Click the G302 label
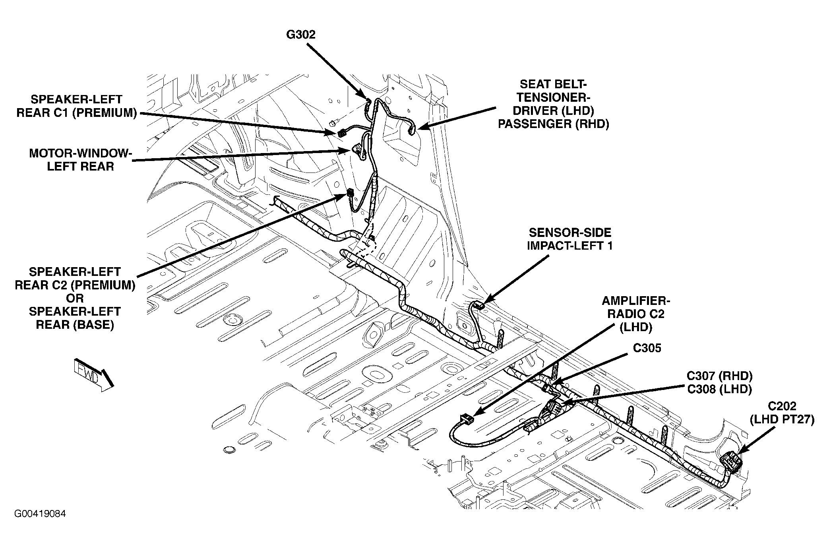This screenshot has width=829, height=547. (301, 35)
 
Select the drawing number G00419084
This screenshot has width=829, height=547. (40, 514)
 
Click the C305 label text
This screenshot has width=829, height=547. (647, 348)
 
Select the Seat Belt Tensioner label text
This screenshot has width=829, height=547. (554, 104)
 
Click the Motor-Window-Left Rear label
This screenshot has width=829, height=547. (80, 160)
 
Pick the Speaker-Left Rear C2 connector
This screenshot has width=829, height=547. (350, 194)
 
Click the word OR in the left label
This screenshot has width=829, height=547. (75, 298)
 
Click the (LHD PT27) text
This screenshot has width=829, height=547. (782, 419)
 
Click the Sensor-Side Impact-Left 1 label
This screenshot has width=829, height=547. (569, 239)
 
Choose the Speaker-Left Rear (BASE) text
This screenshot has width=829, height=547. (75, 318)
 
